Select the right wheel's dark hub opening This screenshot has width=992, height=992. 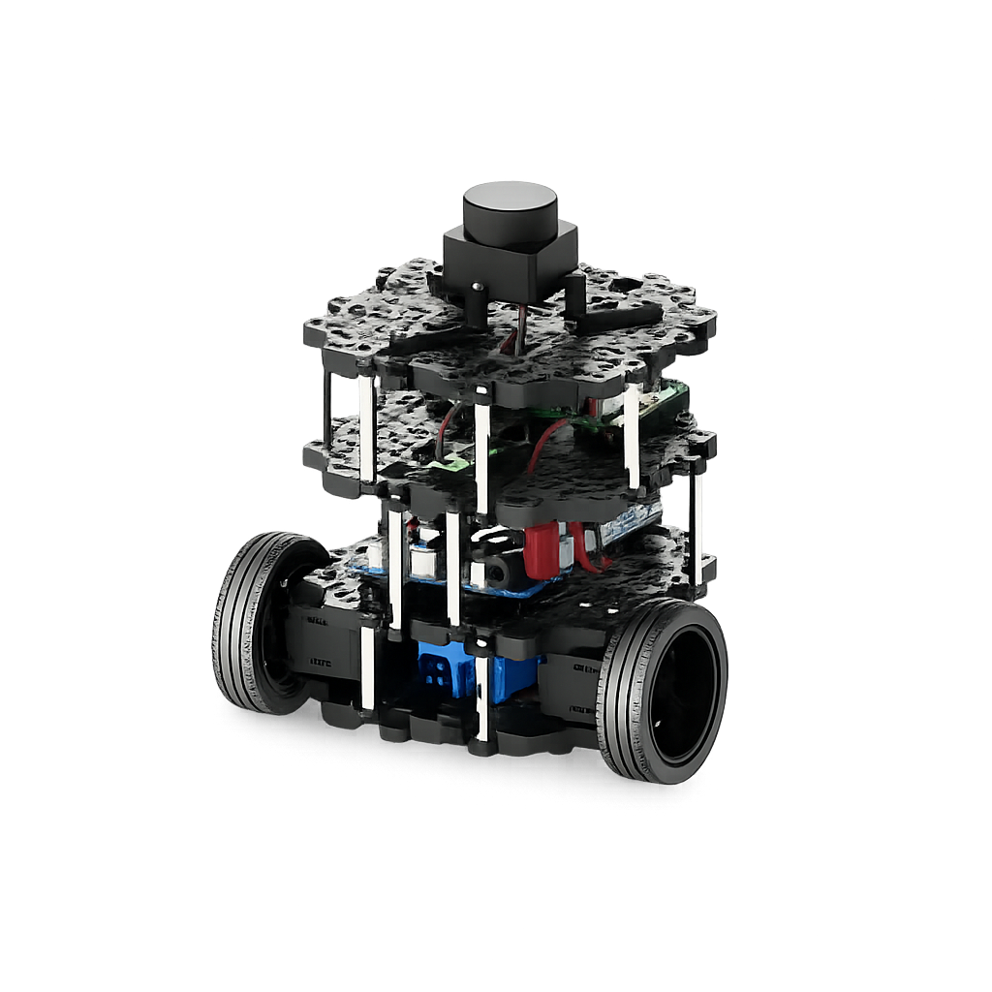(x=685, y=693)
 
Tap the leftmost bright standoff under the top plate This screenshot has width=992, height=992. (x=366, y=426)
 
